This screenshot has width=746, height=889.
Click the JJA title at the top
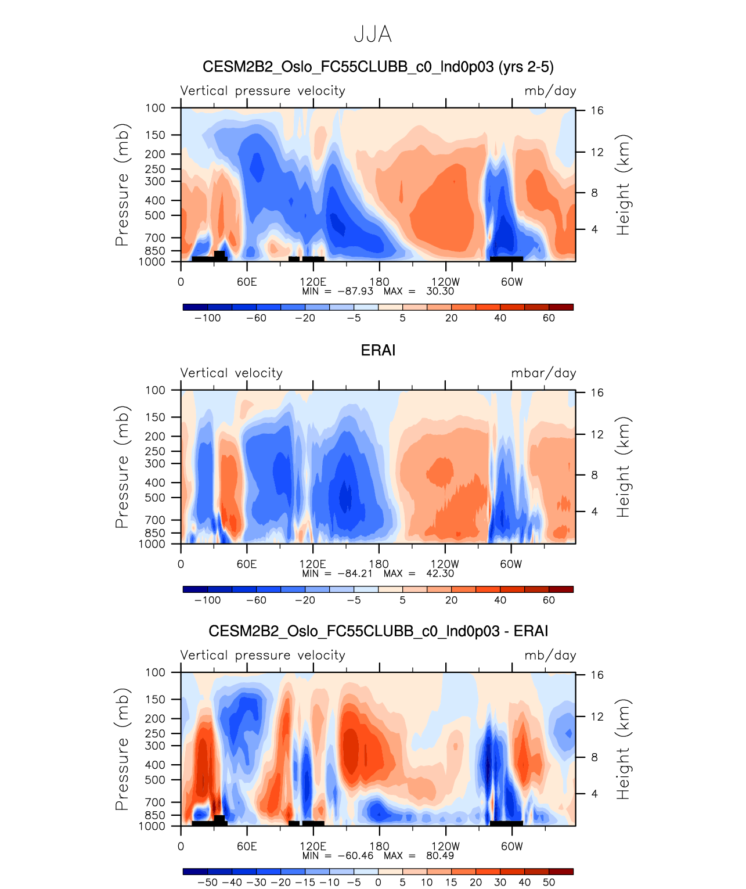(x=373, y=35)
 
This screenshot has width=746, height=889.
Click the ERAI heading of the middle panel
(x=378, y=350)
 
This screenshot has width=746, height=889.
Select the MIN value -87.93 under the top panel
(x=355, y=291)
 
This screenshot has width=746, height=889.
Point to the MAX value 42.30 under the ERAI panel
(x=440, y=573)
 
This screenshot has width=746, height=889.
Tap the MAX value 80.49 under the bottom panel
(x=440, y=855)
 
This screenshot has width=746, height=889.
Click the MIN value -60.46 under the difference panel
(x=355, y=855)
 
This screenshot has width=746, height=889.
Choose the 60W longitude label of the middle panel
(x=511, y=564)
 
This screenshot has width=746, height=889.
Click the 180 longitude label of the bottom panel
(x=379, y=847)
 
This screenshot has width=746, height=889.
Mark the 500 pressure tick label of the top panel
(x=155, y=215)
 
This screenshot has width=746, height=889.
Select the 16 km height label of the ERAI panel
(x=597, y=393)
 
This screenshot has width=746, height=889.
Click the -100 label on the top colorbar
(x=208, y=318)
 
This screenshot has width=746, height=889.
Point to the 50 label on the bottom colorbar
(x=549, y=883)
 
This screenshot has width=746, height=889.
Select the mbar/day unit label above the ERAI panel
(x=543, y=373)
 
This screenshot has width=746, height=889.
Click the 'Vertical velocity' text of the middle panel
(x=231, y=373)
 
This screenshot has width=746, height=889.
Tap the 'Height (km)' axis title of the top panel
(x=623, y=185)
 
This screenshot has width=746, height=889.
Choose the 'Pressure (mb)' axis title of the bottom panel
(x=121, y=749)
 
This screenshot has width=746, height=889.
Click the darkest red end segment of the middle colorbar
(x=561, y=589)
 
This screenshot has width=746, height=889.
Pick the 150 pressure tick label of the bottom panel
(x=155, y=699)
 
